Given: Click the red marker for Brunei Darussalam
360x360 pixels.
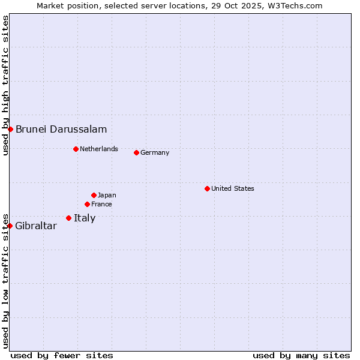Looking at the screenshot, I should (10, 129).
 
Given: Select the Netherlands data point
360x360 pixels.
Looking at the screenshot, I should (76, 149).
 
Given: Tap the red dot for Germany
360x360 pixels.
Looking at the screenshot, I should (136, 152).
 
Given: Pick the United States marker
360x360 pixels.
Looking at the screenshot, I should (207, 188).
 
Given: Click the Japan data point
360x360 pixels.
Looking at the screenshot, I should (94, 195).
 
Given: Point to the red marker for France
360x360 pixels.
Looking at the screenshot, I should (87, 204).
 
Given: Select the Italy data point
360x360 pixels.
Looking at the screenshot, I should (68, 218).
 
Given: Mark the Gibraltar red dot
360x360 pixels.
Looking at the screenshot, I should (10, 226).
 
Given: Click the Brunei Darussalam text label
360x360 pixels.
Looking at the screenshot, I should (61, 129).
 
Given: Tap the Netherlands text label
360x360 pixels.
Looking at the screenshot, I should (99, 149).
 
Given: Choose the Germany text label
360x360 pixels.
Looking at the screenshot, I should (155, 152).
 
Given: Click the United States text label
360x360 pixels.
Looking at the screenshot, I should (233, 188).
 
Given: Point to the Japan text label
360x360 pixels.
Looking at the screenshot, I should (107, 195).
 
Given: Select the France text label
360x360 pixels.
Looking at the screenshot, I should (101, 204).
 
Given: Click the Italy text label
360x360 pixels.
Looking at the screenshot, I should (85, 218).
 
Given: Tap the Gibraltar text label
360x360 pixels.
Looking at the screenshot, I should (36, 226).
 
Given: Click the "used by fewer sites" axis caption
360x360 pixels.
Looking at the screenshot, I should (62, 355).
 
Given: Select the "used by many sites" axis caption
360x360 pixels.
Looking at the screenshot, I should (301, 355).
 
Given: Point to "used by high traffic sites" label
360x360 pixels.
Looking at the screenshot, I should (5, 85).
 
